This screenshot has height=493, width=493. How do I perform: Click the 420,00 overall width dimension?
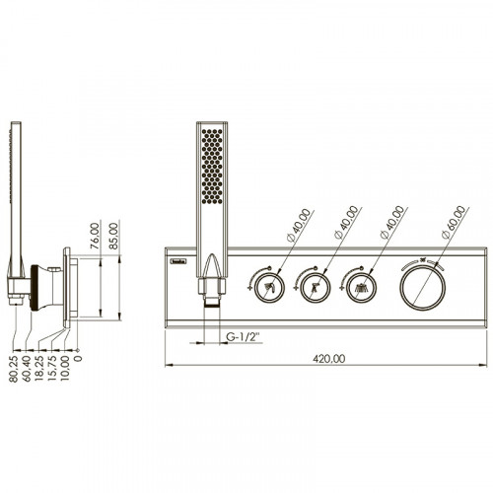click(x=328, y=359)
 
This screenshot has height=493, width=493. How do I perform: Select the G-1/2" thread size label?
click(x=243, y=337)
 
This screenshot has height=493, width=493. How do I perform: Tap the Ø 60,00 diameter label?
click(x=454, y=222)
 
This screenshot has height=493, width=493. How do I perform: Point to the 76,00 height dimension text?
click(x=95, y=236)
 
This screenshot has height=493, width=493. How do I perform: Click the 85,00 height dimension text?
click(x=113, y=236)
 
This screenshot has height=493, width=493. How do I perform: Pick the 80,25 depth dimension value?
click(x=14, y=369)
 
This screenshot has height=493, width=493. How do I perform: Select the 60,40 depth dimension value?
click(x=27, y=369)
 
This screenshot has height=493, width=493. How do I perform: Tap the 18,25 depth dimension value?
click(x=39, y=369)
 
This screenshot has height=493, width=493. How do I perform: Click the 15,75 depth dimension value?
click(x=52, y=369)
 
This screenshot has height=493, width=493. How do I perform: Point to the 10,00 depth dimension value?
click(x=65, y=369)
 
